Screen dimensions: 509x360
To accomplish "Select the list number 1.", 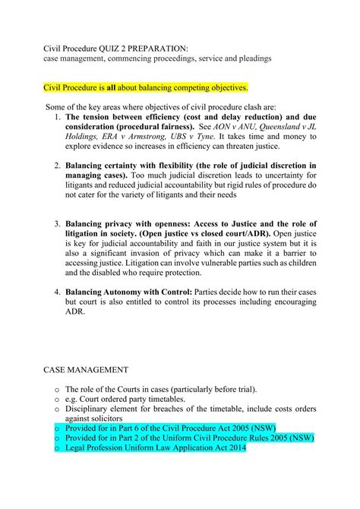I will click(x=58, y=117).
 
